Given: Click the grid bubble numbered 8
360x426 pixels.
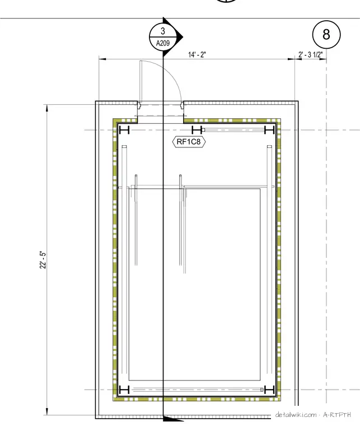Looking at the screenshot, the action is click(326, 35).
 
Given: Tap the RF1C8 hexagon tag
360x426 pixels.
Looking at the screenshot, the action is click(189, 142).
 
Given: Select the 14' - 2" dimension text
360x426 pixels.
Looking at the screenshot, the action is click(197, 54).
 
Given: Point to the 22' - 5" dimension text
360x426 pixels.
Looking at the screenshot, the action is click(43, 260).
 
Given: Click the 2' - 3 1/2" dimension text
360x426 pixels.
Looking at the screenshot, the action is click(311, 54).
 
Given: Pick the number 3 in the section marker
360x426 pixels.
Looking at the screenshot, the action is click(163, 31).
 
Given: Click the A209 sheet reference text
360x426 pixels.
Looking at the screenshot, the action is click(163, 43).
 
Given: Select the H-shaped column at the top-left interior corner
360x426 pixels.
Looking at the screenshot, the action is click(124, 130).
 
